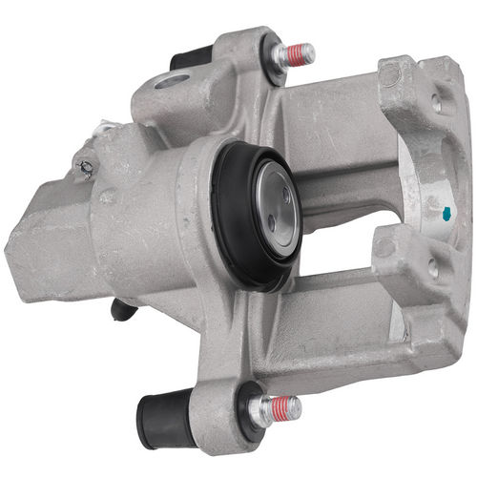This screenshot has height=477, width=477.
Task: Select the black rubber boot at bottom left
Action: (165, 417)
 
